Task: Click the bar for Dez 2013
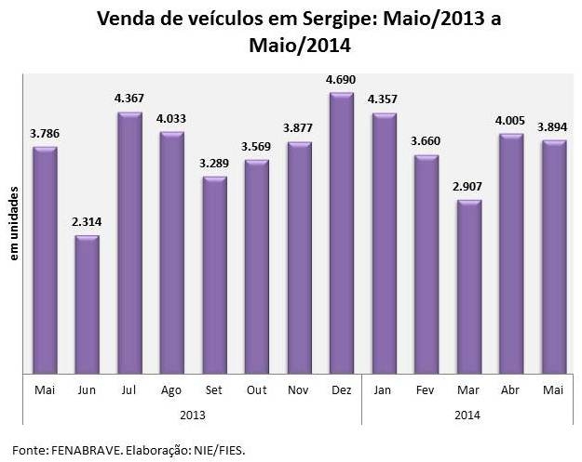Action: coord(342,232)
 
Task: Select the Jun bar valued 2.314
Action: coord(88,303)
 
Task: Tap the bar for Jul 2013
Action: coord(129,242)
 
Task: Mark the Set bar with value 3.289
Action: coord(214,274)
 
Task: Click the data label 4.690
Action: coord(342,81)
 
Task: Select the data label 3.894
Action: coord(554,128)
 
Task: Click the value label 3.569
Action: coord(257,148)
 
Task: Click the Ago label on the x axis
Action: coord(172,390)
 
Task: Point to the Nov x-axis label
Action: coord(299,390)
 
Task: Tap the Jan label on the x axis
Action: coord(384,390)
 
